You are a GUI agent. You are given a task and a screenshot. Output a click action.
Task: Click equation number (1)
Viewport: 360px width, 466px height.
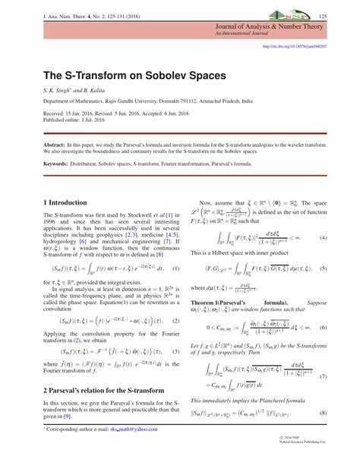(175, 268)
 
